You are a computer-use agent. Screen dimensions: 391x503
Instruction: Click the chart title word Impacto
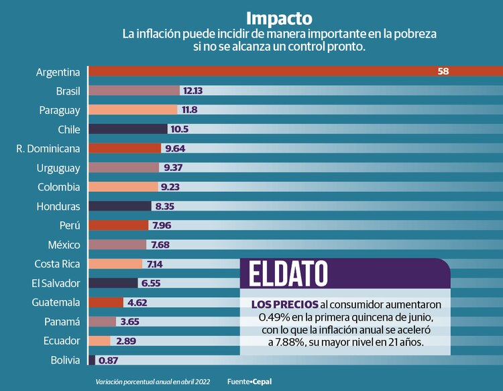[278, 17]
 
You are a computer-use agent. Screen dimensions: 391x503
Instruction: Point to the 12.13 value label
[193, 91]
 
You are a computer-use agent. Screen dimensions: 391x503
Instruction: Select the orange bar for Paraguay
[133, 110]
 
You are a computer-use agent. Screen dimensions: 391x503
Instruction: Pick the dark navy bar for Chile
[127, 129]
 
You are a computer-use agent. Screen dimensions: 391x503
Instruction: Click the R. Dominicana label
[48, 148]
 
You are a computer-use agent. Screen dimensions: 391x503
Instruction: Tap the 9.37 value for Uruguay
[174, 168]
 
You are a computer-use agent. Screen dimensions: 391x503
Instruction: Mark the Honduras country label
[58, 207]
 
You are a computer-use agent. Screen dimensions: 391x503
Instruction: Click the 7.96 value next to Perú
[162, 225]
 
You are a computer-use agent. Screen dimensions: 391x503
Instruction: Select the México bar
[117, 245]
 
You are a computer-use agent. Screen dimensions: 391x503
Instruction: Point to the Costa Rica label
[57, 264]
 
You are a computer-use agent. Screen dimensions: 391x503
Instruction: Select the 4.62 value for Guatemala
[137, 302]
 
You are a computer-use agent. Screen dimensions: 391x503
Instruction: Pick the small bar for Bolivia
[92, 360]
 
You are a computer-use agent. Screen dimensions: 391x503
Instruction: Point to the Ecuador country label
[62, 341]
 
